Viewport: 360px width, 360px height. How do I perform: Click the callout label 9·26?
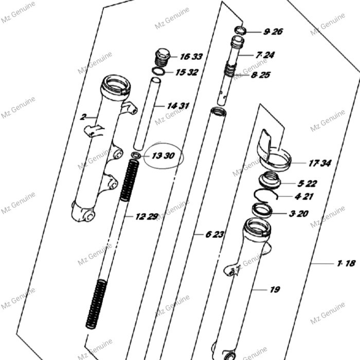coord(273,31)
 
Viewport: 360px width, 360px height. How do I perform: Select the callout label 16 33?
coord(191,57)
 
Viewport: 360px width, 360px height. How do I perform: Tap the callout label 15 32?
coord(186,73)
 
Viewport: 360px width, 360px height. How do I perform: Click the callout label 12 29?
coord(147,217)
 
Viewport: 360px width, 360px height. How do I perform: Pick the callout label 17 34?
coord(319,164)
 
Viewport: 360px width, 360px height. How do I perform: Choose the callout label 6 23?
coord(215,235)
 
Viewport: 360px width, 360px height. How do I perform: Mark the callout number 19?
coord(275,290)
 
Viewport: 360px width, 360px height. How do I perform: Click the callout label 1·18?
coord(346,263)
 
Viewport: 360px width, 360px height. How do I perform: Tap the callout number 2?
coord(82,117)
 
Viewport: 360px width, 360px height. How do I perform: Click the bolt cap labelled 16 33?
coord(163,56)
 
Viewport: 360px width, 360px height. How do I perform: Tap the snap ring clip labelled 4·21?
coord(266,195)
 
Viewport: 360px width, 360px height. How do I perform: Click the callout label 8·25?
coord(261,75)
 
